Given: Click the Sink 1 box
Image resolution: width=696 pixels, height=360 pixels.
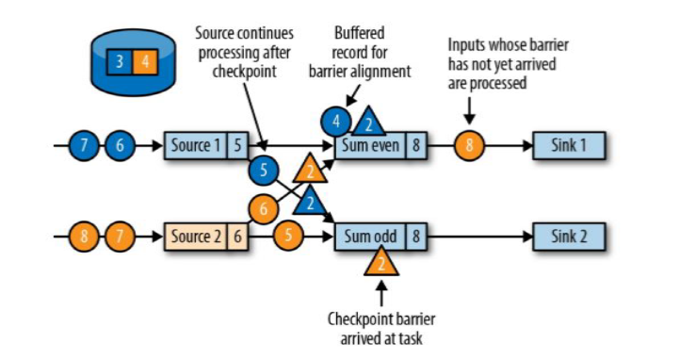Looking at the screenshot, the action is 569,145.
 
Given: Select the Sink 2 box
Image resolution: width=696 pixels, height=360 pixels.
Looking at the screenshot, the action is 569,237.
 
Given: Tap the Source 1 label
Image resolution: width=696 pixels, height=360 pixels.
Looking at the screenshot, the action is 196,145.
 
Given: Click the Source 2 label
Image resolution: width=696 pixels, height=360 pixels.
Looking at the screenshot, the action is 196,237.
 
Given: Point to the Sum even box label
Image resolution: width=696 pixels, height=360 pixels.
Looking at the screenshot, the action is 371,145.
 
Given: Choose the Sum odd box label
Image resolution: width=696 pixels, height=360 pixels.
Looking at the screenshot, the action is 371,237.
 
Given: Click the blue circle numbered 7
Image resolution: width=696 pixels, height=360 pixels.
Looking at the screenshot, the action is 84,145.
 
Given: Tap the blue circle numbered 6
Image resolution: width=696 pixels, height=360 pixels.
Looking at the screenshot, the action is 120,145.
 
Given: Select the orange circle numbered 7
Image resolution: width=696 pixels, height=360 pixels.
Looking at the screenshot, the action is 120,237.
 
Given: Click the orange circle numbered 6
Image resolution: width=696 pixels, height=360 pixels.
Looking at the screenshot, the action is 264,208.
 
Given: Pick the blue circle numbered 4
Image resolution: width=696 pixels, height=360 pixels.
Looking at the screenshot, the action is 336,121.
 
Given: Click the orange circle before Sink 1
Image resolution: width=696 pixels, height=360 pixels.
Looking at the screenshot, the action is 469,145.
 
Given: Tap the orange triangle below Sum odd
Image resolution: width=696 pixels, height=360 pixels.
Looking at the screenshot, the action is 381,262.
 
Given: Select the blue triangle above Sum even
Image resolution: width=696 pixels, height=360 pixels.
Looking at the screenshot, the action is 368,123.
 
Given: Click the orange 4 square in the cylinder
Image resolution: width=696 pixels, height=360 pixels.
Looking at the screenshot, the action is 145,61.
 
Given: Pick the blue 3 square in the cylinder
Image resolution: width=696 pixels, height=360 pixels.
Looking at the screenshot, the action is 120,61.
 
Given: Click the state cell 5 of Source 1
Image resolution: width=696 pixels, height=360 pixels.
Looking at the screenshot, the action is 237,145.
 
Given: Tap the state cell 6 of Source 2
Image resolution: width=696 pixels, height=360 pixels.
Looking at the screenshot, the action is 237,237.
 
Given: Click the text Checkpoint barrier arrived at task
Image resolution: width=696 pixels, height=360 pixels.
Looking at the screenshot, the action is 381,329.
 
